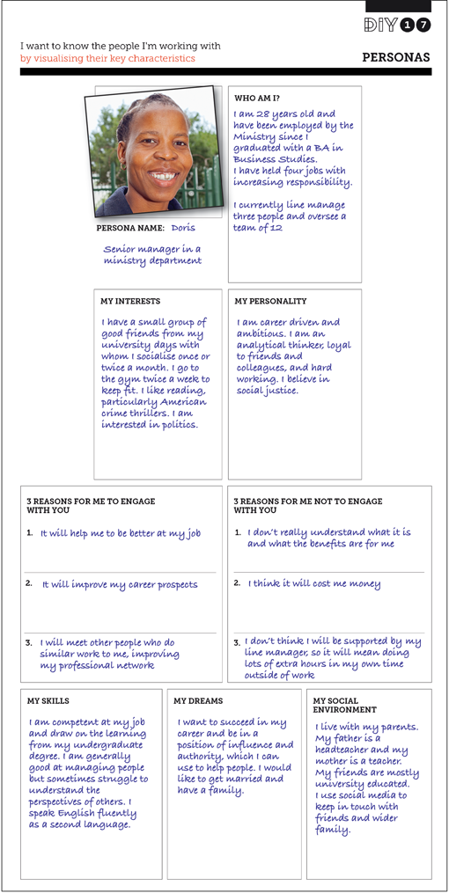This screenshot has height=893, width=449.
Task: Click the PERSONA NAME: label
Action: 130,228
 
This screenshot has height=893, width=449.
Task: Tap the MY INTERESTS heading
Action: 130,302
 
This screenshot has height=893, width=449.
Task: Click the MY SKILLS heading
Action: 46,701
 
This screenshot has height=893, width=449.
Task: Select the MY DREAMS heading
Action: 198,701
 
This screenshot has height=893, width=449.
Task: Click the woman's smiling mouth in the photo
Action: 161,176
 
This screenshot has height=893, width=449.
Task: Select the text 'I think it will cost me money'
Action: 314,583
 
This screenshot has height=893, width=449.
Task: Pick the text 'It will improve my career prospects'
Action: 120,583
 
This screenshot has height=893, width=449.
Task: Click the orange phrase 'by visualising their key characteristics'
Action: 107,59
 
